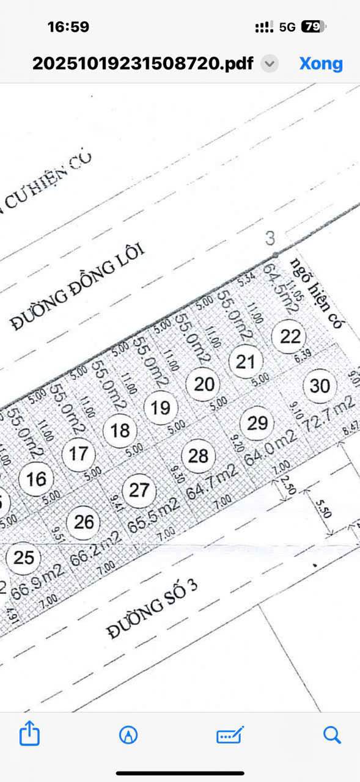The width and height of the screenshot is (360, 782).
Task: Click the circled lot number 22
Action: pos(290,336)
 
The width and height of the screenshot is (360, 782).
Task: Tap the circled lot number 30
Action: pos(320,386)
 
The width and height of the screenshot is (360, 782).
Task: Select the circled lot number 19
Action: pos(160,407)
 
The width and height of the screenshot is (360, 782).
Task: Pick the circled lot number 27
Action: pos(139,490)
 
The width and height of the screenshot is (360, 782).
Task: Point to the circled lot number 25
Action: pos(24,557)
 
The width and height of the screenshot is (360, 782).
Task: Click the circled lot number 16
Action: pos(36,478)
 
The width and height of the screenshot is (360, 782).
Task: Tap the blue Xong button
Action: pos(321,64)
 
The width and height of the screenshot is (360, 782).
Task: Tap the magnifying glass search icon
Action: pos(332,734)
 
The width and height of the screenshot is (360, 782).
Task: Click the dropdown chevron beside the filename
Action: pos(270,64)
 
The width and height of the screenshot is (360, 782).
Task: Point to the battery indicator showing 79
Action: pos(313,27)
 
